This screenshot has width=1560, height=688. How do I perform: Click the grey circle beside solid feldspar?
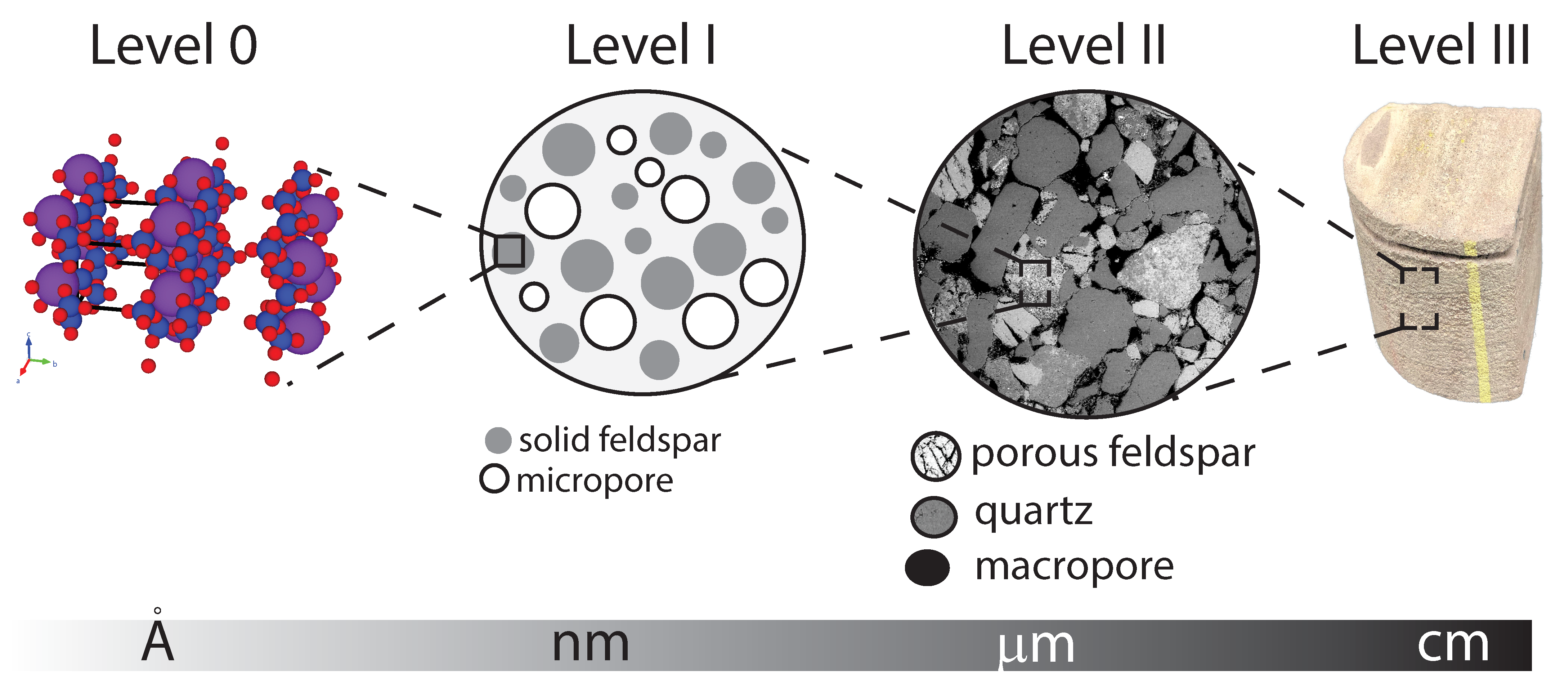(x=498, y=440)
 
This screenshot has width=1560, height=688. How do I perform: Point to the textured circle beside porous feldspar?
(x=935, y=456)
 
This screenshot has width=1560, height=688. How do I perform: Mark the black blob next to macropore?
(x=927, y=567)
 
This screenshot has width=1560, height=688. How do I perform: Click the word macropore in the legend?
(x=1074, y=567)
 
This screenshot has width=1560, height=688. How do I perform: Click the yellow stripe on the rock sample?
(x=1478, y=321)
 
